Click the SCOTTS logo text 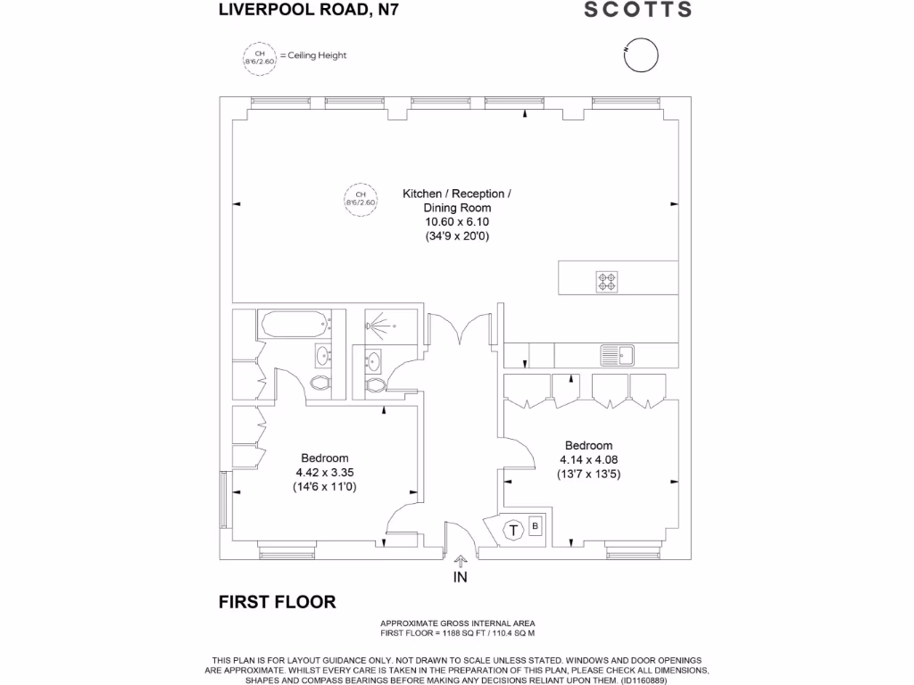[637, 10]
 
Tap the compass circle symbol [640, 54]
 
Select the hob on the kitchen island [607, 281]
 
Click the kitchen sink [616, 355]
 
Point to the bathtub [294, 325]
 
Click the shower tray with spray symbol [390, 326]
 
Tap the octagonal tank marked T [513, 530]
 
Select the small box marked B [536, 525]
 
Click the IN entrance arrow [460, 562]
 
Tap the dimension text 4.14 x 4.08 [588, 460]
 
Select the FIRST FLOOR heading [278, 602]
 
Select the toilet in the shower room [376, 384]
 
